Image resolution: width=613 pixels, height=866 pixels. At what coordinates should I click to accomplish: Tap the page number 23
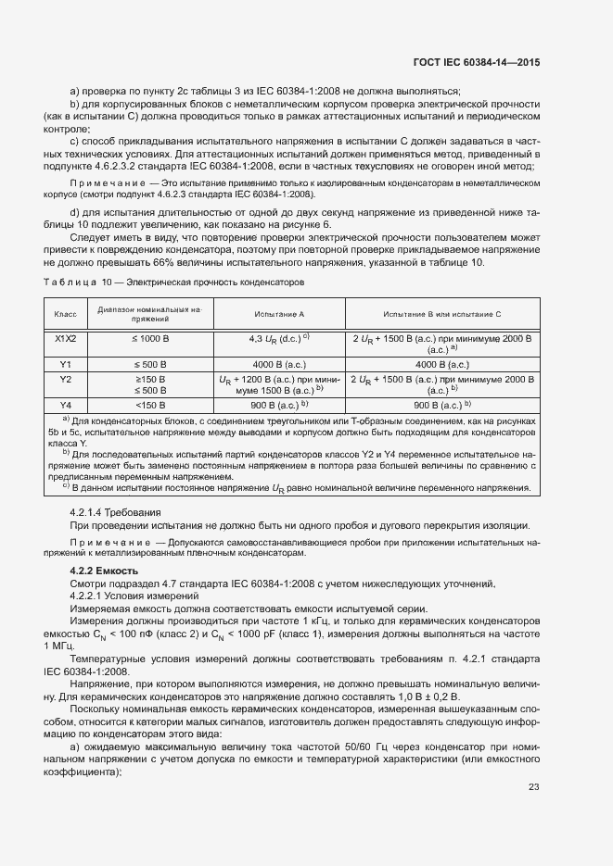point(533,787)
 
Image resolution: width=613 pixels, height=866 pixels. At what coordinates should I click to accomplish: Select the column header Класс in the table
point(65,314)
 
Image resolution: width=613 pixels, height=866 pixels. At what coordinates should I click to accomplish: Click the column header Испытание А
point(279,314)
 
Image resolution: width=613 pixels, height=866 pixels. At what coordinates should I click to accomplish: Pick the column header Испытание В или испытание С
point(441,314)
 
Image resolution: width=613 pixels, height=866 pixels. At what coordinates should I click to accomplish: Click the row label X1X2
point(65,339)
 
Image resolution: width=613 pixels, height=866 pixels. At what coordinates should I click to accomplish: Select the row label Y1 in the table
point(65,364)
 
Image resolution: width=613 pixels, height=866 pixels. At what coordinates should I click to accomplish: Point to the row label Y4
point(65,405)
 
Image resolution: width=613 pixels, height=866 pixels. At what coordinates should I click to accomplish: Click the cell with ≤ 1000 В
point(150,339)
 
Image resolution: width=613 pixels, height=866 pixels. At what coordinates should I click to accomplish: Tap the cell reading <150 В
point(150,405)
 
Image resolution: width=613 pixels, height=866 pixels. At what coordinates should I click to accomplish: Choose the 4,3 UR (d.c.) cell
point(279,339)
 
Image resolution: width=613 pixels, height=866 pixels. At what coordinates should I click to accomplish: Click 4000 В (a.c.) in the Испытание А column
point(279,364)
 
